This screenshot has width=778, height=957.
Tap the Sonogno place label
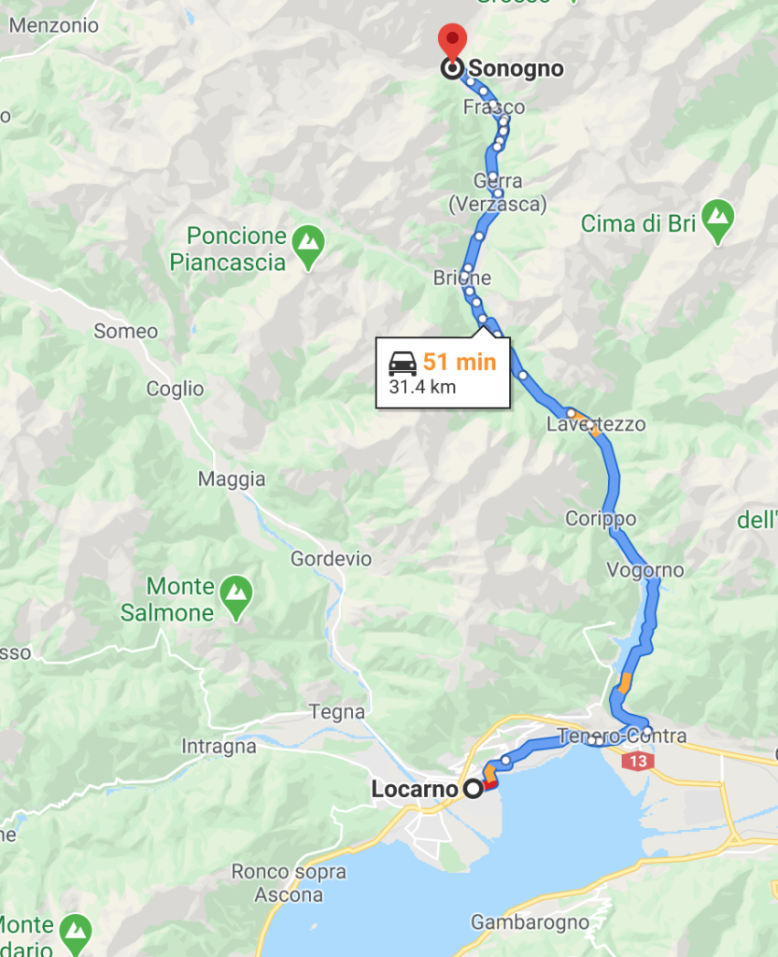coord(516,68)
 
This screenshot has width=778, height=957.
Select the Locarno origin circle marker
coord(474,789)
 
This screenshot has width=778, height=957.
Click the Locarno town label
coord(413,789)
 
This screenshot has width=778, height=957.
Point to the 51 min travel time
coord(460,362)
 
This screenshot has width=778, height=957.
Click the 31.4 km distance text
coord(422,386)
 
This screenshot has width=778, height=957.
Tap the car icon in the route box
coord(403,362)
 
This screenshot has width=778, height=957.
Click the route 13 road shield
coord(639,762)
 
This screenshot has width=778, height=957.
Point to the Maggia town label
coord(232,479)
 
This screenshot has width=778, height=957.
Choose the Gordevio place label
coord(331,559)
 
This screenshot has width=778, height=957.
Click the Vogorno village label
coord(644,570)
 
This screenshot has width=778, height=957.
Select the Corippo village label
coord(601,519)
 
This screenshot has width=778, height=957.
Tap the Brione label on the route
coord(461,278)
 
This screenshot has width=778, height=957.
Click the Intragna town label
coord(219,747)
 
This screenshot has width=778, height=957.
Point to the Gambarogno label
coord(530,922)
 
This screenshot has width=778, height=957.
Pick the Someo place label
coord(126,331)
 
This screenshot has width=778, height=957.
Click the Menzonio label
coord(53,25)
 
